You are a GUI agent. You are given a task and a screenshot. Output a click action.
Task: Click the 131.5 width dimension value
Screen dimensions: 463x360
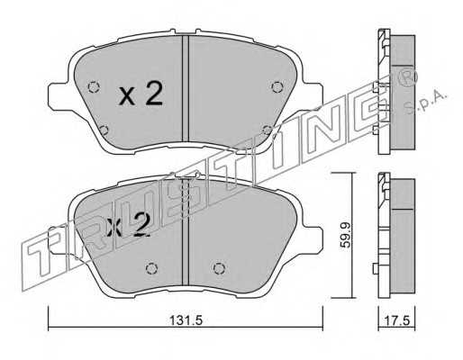(186, 320)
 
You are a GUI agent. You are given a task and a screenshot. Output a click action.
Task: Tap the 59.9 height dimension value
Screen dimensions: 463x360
(345, 235)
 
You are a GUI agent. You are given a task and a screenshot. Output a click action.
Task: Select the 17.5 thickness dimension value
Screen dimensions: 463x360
(396, 320)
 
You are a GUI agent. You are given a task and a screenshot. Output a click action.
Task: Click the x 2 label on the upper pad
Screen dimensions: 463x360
(141, 93)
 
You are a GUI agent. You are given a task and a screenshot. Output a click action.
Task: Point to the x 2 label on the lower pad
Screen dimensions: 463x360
(128, 225)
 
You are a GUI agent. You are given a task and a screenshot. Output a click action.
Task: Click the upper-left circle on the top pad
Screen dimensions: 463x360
(94, 87)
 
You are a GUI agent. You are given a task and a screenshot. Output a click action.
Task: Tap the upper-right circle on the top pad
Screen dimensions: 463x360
(277, 87)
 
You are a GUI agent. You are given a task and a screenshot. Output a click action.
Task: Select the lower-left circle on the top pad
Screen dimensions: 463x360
(104, 130)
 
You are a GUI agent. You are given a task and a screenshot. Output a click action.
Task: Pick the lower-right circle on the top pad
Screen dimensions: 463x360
(267, 130)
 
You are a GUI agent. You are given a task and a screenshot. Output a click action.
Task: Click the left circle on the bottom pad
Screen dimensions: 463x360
(151, 268)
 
